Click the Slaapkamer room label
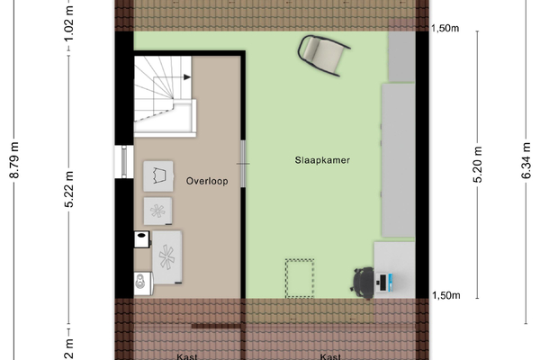tap(322, 160)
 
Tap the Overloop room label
tap(207, 181)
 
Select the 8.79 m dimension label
tap(14, 160)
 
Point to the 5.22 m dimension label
tap(69, 189)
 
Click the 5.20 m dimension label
tap(478, 165)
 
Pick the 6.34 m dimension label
tap(526, 160)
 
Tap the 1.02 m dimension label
tap(69, 23)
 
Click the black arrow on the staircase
tap(187, 77)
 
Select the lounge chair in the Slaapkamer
tap(324, 55)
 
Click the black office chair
tap(363, 283)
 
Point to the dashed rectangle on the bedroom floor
tap(300, 278)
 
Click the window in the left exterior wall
tap(124, 162)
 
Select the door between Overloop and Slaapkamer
tap(243, 164)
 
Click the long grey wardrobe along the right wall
tap(398, 160)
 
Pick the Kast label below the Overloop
tap(187, 356)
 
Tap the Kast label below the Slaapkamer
tap(330, 356)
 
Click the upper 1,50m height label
tap(445, 28)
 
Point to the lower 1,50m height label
tap(446, 295)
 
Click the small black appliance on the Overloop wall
tap(142, 239)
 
